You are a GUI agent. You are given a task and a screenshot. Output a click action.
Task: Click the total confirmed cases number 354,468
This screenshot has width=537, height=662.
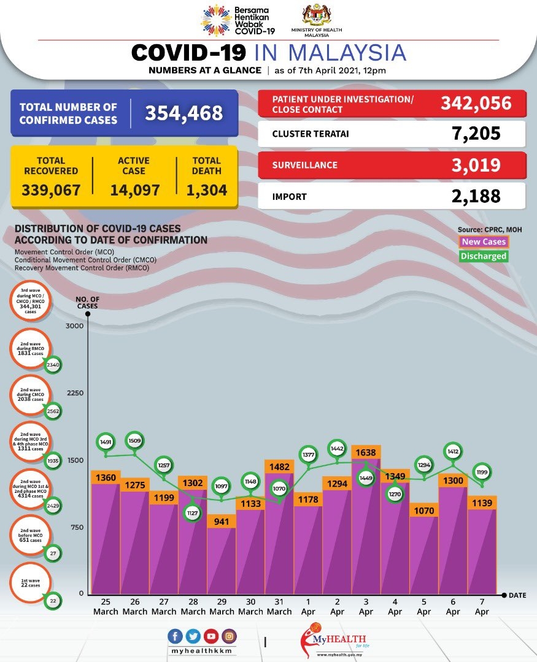[x=184, y=113]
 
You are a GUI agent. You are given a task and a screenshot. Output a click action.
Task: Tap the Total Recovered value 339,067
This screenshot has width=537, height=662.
[x=51, y=190]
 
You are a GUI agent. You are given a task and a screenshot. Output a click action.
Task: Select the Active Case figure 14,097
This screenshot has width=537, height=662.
[x=135, y=190]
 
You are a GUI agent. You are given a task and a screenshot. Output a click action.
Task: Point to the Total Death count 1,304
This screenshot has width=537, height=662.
[x=207, y=190]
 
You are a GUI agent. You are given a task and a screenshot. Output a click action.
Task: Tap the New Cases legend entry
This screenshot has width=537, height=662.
[x=484, y=242]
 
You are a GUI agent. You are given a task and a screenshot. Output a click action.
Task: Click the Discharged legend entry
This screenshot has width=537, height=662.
[x=484, y=256]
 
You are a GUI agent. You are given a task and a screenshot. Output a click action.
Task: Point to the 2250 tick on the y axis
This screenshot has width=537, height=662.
[x=74, y=393]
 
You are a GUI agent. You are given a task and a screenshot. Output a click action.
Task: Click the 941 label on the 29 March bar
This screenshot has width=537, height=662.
[x=221, y=522]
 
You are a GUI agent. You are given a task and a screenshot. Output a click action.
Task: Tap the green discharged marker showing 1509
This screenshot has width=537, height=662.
[x=134, y=439]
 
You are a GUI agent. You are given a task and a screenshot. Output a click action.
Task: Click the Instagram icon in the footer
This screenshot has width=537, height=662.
[x=228, y=636]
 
